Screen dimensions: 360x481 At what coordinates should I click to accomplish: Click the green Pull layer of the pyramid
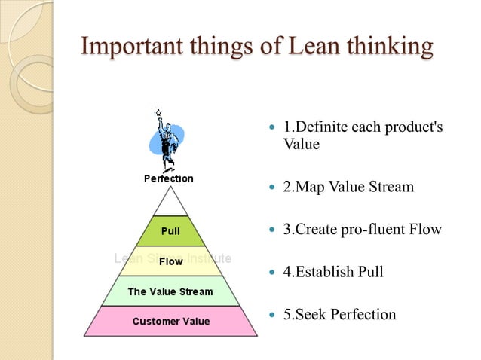pos(170,230)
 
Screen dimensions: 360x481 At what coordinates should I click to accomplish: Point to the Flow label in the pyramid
pos(170,261)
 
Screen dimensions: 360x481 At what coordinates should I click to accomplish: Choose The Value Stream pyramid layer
pos(170,291)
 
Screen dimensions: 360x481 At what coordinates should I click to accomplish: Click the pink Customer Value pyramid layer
pos(170,321)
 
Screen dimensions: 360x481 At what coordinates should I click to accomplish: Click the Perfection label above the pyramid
pos(169,178)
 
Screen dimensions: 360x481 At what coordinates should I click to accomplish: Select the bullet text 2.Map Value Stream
pos(348,185)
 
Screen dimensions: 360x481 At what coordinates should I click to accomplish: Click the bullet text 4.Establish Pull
pos(332,271)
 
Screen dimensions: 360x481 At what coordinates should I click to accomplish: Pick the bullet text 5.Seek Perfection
pos(339,313)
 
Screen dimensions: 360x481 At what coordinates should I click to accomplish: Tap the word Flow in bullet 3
pos(425,228)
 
